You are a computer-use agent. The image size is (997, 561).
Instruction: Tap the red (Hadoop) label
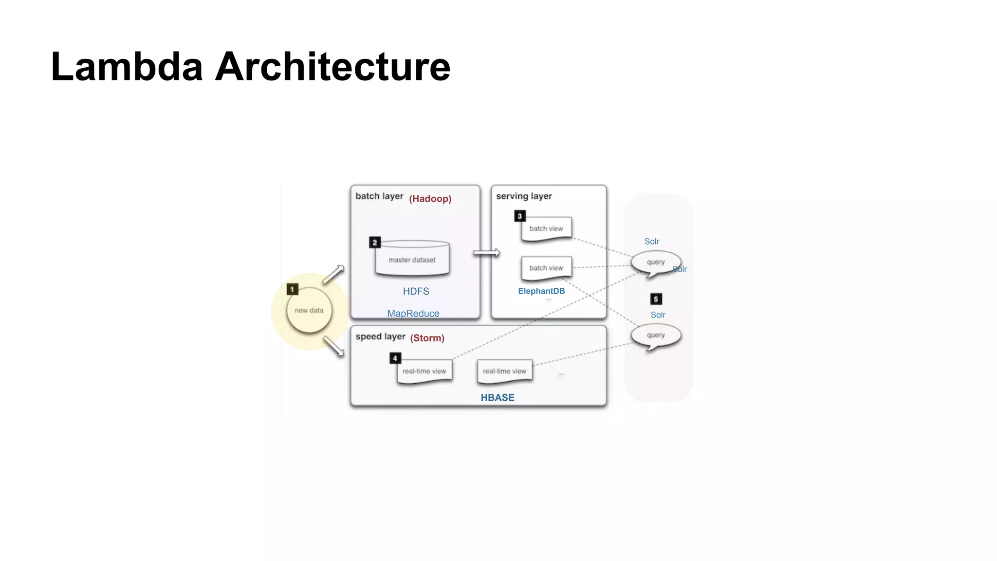tap(430, 199)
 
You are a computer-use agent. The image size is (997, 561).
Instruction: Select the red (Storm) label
tap(427, 338)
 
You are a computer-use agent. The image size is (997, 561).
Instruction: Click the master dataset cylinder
tap(412, 260)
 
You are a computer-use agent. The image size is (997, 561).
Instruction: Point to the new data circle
tap(309, 310)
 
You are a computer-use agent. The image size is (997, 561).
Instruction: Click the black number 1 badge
tap(292, 289)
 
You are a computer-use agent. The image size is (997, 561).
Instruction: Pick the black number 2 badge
tap(374, 242)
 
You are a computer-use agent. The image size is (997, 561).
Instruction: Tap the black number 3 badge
tap(519, 216)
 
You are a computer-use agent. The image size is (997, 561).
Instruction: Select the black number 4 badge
tap(395, 358)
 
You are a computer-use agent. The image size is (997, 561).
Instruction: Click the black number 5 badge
tap(656, 299)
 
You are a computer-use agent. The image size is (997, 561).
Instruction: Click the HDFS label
tap(416, 291)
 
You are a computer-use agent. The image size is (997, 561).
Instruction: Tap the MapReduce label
tap(413, 314)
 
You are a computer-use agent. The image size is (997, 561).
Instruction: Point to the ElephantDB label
tap(541, 291)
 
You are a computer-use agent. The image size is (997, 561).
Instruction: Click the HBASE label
tap(497, 397)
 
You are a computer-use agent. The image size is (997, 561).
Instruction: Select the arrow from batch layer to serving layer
tap(486, 253)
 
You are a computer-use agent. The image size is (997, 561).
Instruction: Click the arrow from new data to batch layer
tap(333, 275)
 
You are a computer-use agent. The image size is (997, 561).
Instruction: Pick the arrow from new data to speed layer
tap(333, 346)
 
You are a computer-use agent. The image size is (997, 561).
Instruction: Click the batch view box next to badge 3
tap(546, 228)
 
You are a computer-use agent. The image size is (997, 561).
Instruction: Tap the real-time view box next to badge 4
tap(424, 372)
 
